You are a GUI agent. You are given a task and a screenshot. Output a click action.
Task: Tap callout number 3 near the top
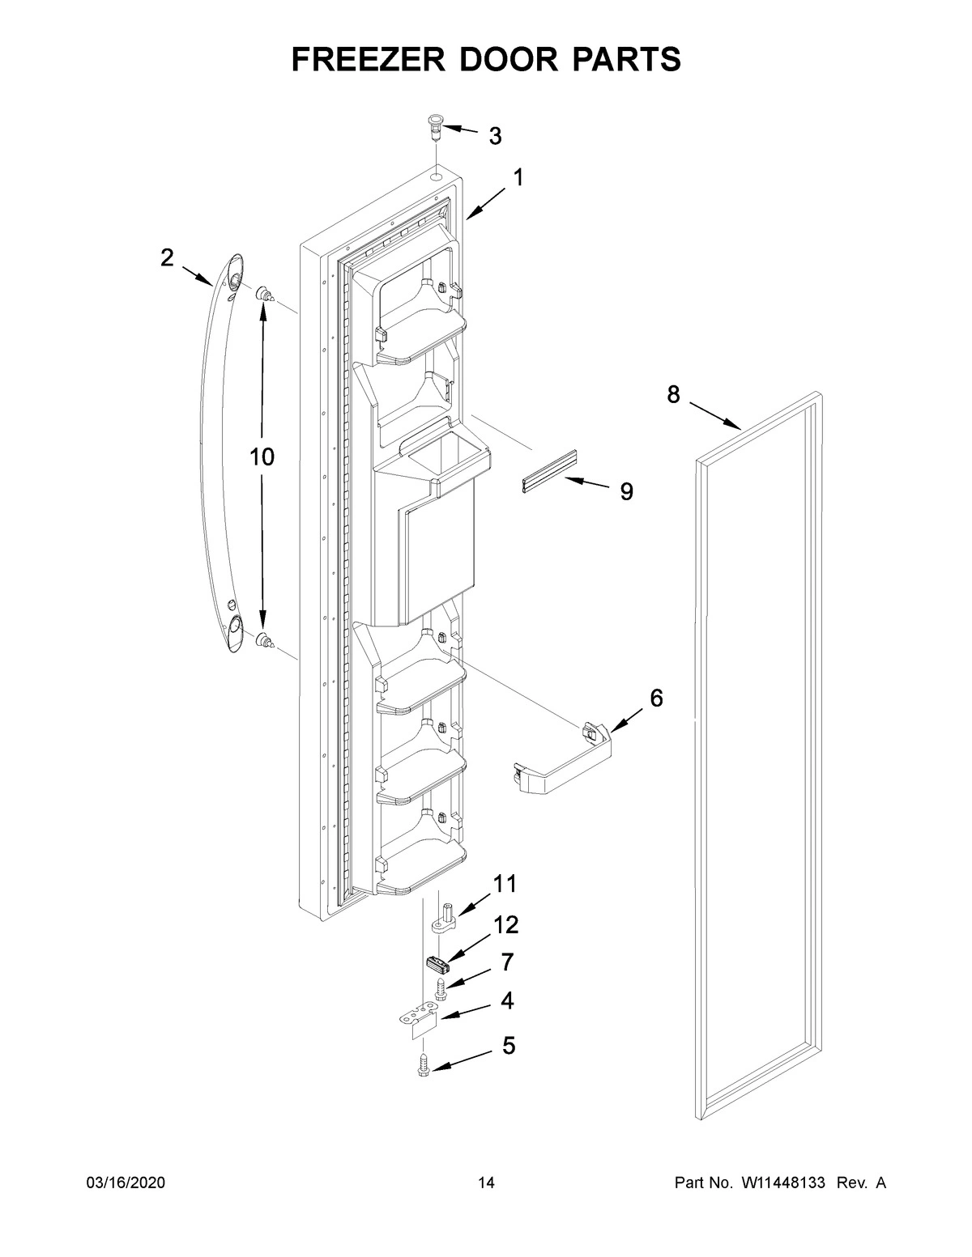[495, 136]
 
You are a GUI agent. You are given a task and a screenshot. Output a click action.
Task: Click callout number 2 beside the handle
[167, 258]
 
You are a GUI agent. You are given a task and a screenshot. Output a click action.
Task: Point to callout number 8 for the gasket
[673, 394]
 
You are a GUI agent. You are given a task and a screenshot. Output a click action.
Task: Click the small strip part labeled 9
[548, 472]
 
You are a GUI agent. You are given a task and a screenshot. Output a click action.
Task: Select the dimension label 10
[262, 457]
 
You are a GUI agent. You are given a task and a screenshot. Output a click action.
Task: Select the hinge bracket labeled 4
[420, 1021]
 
